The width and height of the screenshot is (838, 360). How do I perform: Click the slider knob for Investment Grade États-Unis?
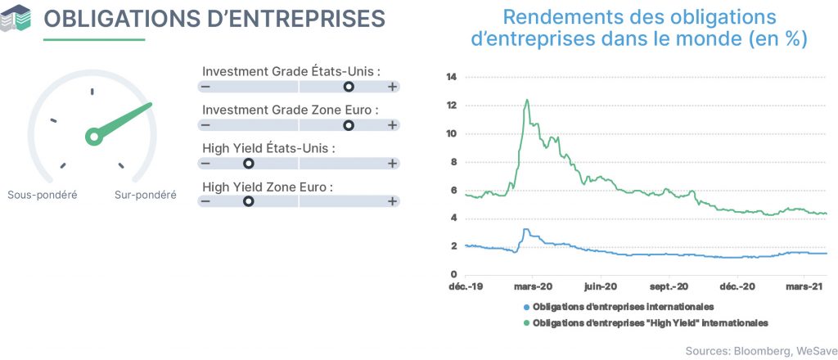[349, 87]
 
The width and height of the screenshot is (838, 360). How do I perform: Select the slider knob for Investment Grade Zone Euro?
[349, 125]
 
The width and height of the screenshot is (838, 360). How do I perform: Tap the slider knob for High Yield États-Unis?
[248, 163]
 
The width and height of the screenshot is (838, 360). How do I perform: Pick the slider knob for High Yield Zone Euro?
[248, 201]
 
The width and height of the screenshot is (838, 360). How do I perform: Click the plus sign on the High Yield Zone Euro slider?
[392, 201]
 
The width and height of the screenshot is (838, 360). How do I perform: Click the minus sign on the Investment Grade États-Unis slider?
[205, 87]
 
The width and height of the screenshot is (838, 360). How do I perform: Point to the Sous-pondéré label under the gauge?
[43, 195]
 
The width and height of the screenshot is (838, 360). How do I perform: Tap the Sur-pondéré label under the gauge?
[146, 195]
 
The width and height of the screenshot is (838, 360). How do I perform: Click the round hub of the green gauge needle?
[94, 137]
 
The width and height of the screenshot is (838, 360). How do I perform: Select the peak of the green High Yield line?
[527, 100]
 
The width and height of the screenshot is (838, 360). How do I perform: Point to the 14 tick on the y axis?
[452, 78]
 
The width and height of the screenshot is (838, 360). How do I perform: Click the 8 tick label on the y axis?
[454, 162]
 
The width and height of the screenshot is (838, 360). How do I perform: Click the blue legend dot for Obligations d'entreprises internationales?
[526, 307]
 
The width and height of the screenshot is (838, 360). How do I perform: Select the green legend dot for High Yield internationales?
[526, 323]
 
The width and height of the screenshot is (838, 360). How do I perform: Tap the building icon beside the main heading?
[16, 18]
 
